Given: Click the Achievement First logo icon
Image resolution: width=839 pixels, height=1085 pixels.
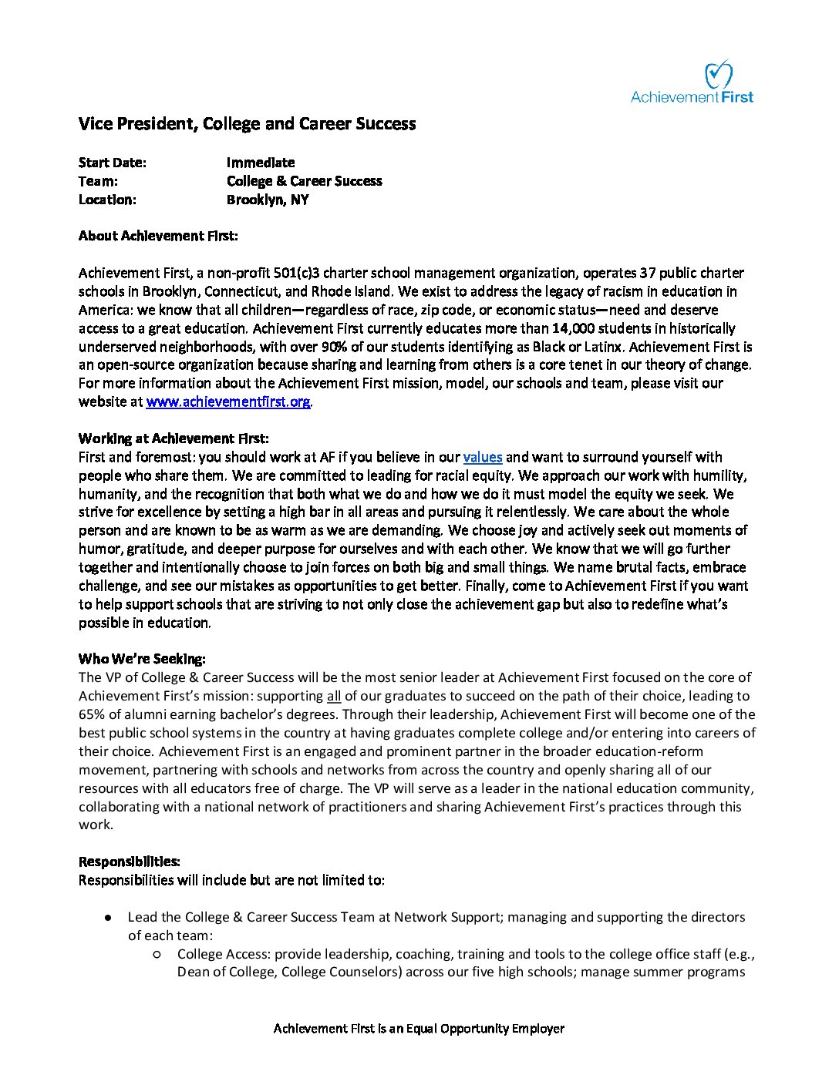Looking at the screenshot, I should tap(718, 74).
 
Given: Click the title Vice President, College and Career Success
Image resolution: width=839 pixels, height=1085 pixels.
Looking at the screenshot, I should tap(247, 124).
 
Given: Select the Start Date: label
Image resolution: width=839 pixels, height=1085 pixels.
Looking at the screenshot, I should tap(112, 163).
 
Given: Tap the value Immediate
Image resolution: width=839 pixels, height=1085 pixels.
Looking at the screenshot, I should tap(261, 163).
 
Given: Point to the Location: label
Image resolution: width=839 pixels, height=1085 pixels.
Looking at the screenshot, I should tap(107, 200).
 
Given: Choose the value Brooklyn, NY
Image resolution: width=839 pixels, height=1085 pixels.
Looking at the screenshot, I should tap(267, 200).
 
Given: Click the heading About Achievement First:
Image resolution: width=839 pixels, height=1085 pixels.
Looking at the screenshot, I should tap(158, 236).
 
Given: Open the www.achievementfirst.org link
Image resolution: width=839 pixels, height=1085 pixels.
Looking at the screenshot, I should tap(228, 401).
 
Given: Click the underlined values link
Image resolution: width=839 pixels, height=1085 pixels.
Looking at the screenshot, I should tap(482, 457).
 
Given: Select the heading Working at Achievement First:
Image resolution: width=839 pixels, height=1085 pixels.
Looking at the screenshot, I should tap(174, 438).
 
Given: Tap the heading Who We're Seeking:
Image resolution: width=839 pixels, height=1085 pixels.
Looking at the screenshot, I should tap(142, 659).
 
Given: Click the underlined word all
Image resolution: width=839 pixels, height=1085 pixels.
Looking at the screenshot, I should tap(334, 696).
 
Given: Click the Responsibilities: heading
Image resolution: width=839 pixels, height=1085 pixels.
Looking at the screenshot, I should tap(130, 862).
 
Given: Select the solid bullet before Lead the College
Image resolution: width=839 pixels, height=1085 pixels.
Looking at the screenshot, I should tap(109, 918).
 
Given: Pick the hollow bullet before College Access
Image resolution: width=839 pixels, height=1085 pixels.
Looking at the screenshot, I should tap(157, 954).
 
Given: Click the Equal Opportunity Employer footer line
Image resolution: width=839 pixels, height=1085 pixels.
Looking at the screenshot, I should tap(419, 1029).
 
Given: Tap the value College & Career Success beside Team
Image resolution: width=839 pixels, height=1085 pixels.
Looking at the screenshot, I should tap(304, 181).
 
